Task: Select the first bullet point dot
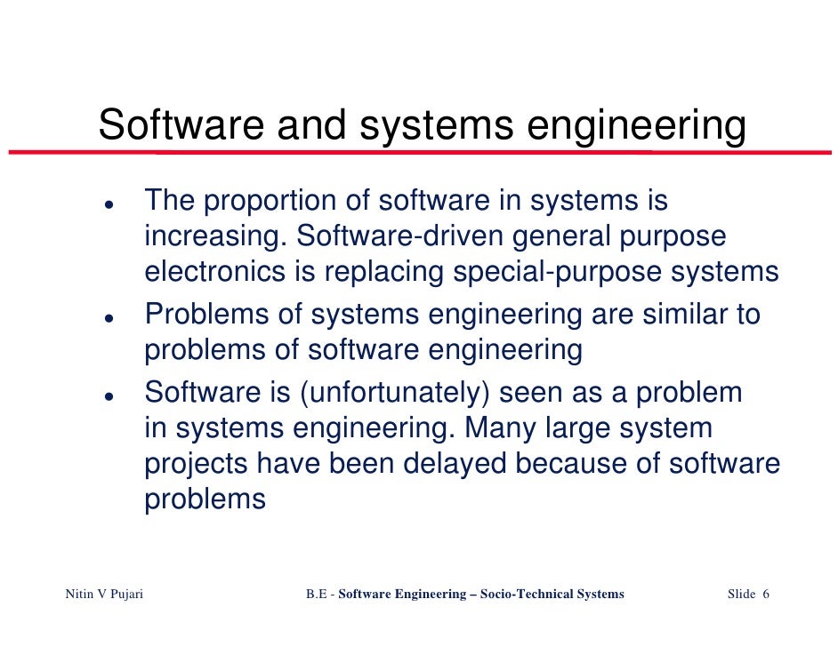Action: [107, 204]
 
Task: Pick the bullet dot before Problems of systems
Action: [107, 317]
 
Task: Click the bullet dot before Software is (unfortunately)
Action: [107, 394]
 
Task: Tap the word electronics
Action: [214, 272]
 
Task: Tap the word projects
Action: [197, 464]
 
